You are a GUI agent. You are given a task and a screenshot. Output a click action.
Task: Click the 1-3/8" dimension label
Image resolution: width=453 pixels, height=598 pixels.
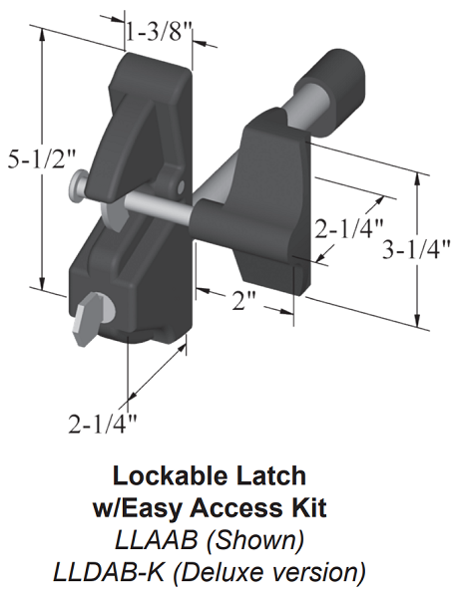tap(160, 33)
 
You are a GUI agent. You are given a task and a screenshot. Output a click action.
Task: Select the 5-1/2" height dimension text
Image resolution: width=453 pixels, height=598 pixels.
tap(42, 160)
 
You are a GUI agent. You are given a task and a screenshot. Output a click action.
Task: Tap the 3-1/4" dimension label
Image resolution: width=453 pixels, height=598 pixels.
tap(416, 250)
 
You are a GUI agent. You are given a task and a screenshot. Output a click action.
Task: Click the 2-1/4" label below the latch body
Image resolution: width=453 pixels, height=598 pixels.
tap(103, 424)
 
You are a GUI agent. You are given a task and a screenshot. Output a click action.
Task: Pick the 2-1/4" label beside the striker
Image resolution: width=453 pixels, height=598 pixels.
tap(348, 228)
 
